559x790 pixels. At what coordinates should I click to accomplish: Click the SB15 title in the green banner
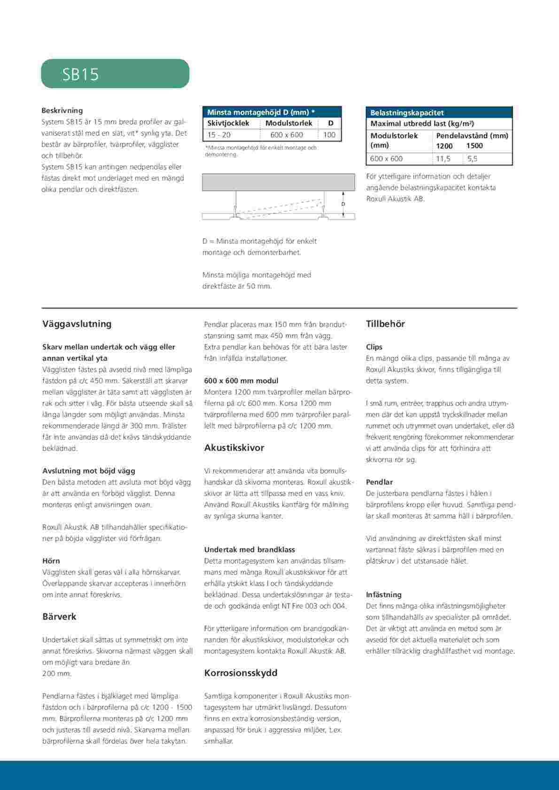(81, 74)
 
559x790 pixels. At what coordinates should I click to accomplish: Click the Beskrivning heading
(62, 111)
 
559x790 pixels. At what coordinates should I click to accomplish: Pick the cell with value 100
(329, 135)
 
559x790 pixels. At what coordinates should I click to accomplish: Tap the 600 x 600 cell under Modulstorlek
(287, 135)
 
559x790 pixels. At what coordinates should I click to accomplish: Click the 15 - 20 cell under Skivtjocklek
(219, 135)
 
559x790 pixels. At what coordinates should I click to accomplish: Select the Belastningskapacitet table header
(407, 113)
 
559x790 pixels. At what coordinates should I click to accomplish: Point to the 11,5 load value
(443, 159)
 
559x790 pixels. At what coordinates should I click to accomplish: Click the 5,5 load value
(472, 159)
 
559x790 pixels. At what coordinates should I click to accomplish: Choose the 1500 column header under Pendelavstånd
(474, 146)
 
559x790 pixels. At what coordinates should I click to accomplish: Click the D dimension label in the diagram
(343, 204)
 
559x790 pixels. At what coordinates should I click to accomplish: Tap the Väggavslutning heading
(77, 324)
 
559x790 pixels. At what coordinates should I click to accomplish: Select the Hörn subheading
(51, 561)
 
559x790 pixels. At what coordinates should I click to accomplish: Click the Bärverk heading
(59, 616)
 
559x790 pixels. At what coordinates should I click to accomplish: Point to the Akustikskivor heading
(234, 448)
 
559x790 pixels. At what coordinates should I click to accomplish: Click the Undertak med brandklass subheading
(249, 549)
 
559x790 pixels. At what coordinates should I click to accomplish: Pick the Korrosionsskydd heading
(241, 673)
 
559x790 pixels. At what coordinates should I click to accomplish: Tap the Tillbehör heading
(385, 324)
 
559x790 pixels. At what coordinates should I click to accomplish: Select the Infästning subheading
(384, 594)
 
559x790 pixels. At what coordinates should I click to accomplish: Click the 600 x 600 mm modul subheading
(241, 380)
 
